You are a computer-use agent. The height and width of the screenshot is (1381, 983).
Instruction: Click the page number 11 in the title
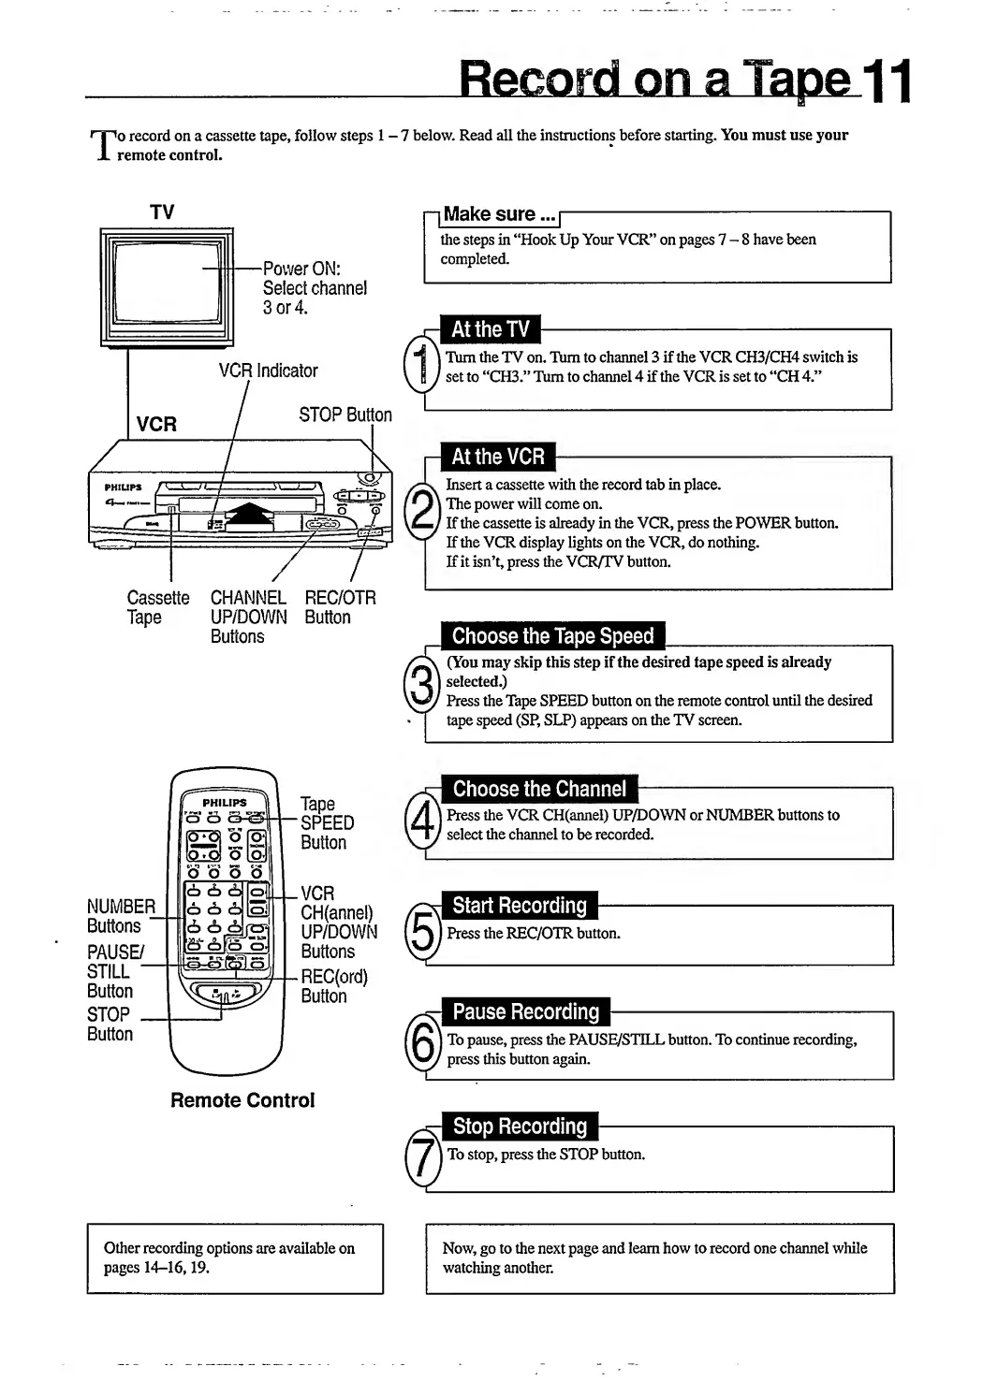(x=886, y=80)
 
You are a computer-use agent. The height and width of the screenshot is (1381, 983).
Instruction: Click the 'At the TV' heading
(x=490, y=329)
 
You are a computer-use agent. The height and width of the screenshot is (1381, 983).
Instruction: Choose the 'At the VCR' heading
(x=497, y=457)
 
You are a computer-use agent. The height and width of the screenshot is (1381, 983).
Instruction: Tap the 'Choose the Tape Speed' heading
(x=552, y=636)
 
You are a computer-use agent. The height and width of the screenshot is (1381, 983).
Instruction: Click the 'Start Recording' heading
(x=519, y=906)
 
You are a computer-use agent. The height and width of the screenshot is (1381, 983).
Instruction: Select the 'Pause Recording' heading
(x=525, y=1011)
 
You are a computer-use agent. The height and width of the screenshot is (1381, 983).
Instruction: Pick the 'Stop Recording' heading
(x=520, y=1127)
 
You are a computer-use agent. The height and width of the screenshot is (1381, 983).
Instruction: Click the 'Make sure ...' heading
(x=500, y=214)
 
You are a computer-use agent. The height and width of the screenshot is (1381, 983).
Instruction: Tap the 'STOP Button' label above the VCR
(x=345, y=414)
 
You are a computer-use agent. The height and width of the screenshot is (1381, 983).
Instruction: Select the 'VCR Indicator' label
(x=268, y=371)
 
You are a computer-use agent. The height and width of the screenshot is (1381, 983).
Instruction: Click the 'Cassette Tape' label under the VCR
(x=157, y=607)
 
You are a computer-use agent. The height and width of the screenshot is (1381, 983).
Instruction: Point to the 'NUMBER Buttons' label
(x=121, y=916)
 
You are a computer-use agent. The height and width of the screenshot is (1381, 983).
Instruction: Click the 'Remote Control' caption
(x=242, y=1100)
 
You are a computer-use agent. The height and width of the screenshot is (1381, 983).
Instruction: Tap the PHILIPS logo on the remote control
(x=225, y=802)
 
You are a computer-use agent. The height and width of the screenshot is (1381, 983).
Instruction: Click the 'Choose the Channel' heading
(x=539, y=789)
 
